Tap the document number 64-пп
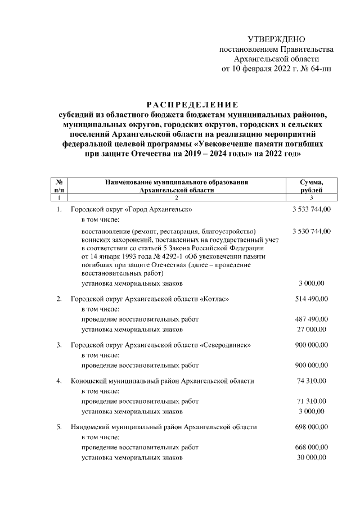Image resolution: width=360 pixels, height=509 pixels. point(321,69)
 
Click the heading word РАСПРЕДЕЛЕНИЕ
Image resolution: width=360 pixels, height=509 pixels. point(192,105)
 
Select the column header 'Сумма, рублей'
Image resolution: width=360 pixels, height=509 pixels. point(312,186)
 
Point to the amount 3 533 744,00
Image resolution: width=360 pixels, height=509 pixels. point(312,209)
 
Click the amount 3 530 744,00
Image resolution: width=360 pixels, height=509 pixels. point(312,231)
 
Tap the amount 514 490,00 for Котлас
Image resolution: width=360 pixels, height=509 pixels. point(312,299)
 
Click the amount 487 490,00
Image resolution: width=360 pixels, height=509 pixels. point(312,319)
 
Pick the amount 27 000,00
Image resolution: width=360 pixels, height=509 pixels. point(314,329)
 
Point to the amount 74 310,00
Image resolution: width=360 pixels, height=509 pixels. point(313,381)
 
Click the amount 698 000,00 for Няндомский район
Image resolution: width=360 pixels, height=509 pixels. point(312,427)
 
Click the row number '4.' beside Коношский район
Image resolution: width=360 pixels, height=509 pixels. point(59,381)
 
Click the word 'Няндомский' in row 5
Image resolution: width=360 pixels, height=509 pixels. point(92,427)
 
